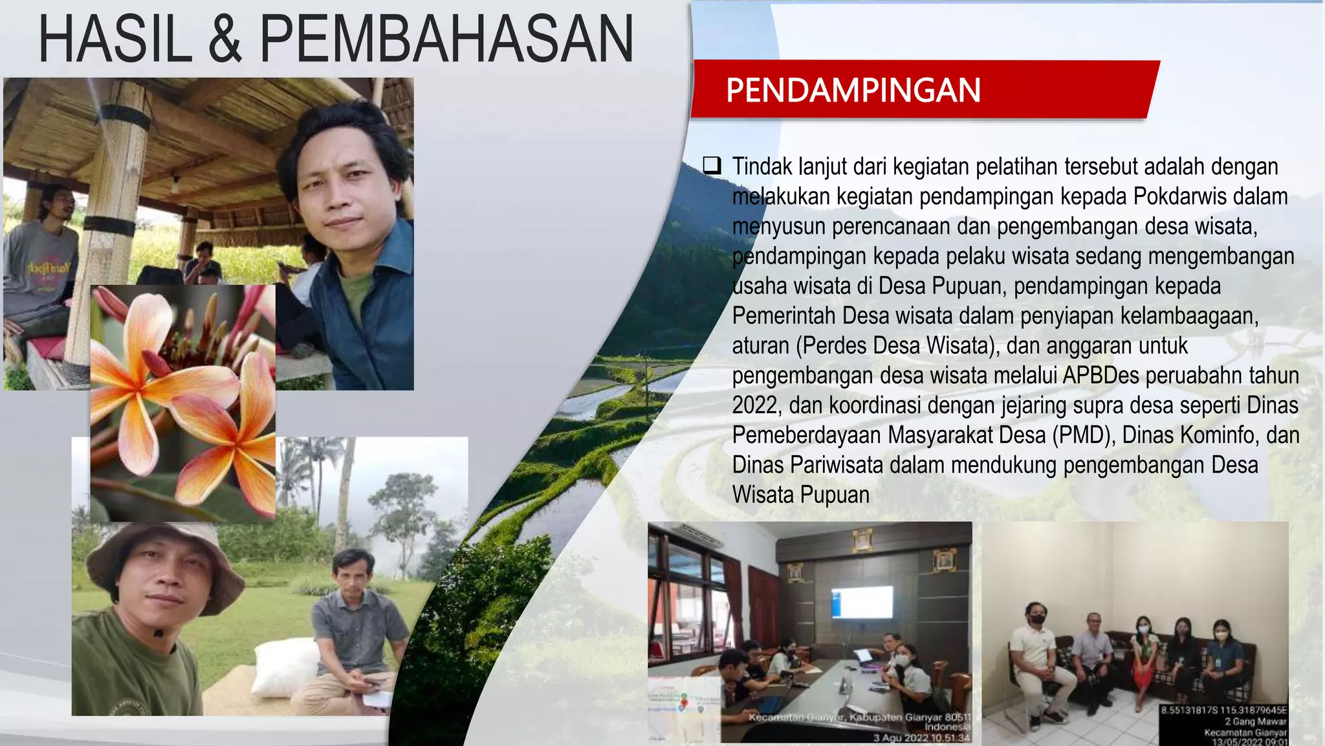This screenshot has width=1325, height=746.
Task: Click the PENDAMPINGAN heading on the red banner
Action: pyautogui.click(x=853, y=90)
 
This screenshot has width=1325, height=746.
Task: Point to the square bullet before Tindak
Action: pyautogui.click(x=712, y=166)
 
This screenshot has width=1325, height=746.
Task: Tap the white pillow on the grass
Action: pyautogui.click(x=285, y=667)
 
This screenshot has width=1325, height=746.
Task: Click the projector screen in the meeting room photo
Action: pyautogui.click(x=862, y=602)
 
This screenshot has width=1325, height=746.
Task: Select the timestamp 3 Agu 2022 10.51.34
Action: pyautogui.click(x=921, y=738)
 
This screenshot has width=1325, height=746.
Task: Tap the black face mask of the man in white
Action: pyautogui.click(x=1036, y=619)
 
